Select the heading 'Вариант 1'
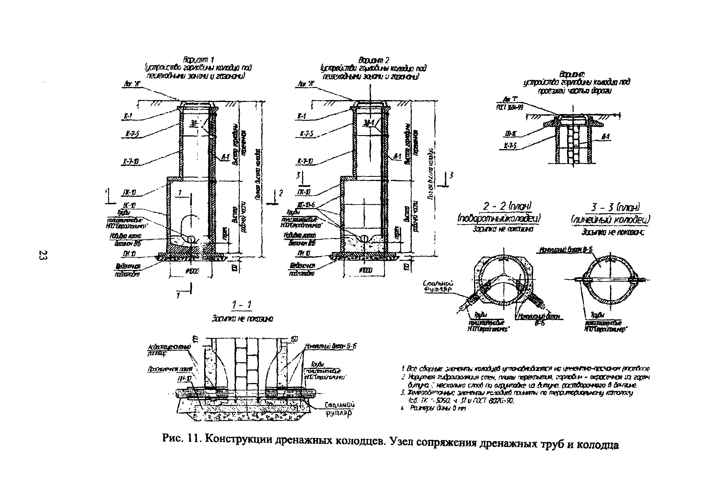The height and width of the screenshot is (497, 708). [199, 60]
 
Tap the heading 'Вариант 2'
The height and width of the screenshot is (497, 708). [373, 60]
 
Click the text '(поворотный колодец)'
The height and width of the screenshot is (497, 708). [499, 218]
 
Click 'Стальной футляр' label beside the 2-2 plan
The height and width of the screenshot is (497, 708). [438, 286]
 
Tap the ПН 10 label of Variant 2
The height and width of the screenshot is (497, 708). [303, 253]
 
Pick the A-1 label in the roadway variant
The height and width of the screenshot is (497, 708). [606, 137]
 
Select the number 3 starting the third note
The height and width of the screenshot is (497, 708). [402, 392]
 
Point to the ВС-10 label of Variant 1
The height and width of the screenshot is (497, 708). [130, 205]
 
